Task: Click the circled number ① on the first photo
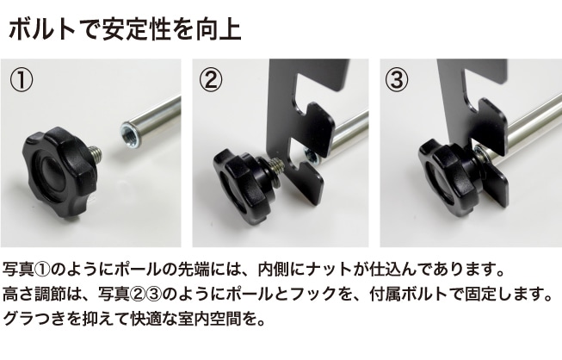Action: [x=22, y=80]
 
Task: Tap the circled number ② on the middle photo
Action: [x=210, y=80]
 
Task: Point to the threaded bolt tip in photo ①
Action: [x=96, y=154]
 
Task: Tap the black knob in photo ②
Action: [x=244, y=183]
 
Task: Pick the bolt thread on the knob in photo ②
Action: [x=277, y=167]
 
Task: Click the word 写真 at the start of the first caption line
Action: [x=18, y=270]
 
